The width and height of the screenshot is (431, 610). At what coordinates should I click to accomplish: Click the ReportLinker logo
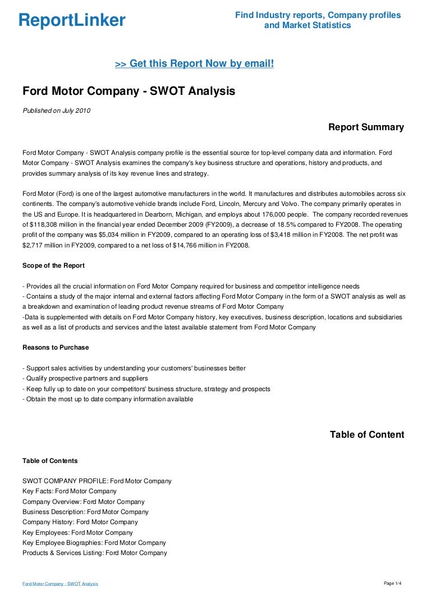coord(72,21)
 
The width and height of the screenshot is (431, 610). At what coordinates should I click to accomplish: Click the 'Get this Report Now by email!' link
coord(194,64)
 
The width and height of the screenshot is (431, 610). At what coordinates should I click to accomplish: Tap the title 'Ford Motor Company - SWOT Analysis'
coord(129,91)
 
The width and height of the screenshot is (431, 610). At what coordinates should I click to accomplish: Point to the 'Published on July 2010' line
coord(56,111)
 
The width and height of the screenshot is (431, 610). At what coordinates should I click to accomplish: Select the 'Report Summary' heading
coord(366,127)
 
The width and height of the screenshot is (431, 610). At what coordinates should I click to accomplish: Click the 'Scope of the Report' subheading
coord(53,265)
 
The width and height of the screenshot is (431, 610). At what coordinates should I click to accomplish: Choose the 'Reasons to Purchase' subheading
coord(56,347)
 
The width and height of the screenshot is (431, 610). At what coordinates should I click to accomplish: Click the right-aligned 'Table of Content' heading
coord(366,435)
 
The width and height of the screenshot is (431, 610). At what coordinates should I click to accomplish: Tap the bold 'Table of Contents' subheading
coord(50,461)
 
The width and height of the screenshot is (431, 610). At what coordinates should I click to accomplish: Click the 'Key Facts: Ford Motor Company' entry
coord(70,492)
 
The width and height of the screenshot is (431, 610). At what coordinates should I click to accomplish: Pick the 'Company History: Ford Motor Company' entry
coord(80,522)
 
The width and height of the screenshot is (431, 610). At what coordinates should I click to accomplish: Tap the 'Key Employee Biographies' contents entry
coord(94,543)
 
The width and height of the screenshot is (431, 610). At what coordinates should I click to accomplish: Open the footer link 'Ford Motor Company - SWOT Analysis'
coord(60,584)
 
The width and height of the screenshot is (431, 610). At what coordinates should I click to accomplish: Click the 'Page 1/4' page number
coord(392,584)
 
